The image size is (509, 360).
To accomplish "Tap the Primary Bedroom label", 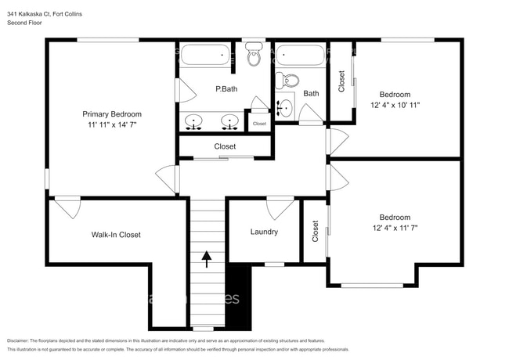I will pos(115,113).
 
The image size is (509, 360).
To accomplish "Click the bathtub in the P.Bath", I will pos(205,56).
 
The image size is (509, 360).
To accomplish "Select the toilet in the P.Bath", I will pos(254,57).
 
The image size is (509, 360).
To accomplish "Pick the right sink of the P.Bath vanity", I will pos(229,121).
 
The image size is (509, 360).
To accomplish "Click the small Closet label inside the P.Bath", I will pos(259,124).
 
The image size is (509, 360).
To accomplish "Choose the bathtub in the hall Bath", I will pos(300,56).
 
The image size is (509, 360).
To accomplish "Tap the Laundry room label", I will pos(264,232).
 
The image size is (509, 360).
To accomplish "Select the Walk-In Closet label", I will pos(116,235).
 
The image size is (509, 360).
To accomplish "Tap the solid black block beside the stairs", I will pos(236,297).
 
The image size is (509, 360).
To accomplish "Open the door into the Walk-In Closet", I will pos(67,208).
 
